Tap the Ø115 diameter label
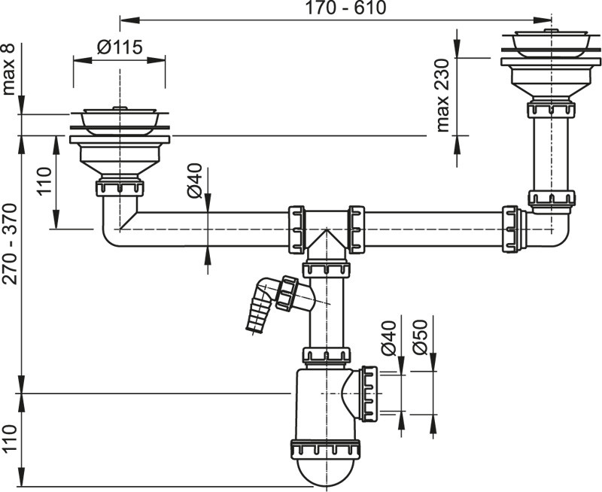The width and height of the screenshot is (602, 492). [120, 47]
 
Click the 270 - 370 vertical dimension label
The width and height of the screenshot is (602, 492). [10, 244]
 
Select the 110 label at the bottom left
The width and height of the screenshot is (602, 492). [10, 439]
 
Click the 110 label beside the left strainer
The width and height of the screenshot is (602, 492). [44, 181]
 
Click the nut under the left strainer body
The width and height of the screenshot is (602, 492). [120, 187]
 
